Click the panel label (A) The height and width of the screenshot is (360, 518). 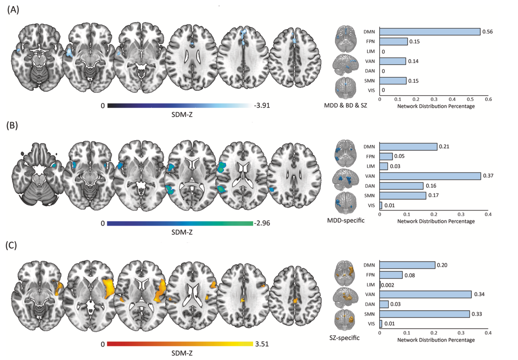[x=13, y=10]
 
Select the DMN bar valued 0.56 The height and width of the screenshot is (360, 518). [x=430, y=31]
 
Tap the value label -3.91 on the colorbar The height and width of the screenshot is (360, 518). [x=262, y=105]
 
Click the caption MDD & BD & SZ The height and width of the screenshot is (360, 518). [x=345, y=105]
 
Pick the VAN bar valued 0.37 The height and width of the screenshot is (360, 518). [x=430, y=176]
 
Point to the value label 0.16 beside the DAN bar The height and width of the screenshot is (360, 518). [x=431, y=186]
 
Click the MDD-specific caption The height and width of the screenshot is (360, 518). [x=346, y=220]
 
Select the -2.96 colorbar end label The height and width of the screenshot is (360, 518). [x=262, y=223]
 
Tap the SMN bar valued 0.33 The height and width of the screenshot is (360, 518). [x=425, y=314]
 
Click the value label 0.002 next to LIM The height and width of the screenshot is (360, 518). [x=387, y=285]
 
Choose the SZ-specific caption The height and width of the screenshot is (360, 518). [x=344, y=338]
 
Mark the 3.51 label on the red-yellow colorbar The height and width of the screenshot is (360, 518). [x=262, y=344]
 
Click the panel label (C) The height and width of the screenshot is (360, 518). [x=11, y=246]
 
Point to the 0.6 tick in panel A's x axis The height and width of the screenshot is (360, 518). [x=488, y=99]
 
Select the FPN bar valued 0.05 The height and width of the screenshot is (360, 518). [x=386, y=156]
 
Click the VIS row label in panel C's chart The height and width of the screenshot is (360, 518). [x=371, y=324]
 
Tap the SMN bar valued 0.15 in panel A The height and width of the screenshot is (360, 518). [x=393, y=81]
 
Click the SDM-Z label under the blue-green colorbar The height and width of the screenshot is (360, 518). [x=182, y=232]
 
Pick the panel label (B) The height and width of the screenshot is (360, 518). [x=12, y=126]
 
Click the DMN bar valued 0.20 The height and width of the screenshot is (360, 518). [x=407, y=265]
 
